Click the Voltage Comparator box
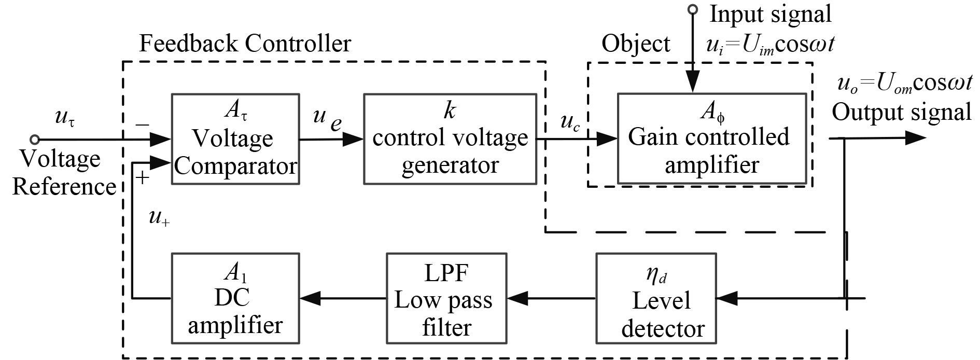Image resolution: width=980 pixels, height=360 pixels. pos(235,139)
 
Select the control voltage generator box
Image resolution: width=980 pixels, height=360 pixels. pos(450,139)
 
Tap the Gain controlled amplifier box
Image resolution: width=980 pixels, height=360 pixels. pos(711,139)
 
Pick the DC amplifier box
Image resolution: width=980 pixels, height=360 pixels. pos(235,298)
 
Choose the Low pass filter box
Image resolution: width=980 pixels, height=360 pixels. pos(446,298)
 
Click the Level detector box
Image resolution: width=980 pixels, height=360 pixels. pos(656,298)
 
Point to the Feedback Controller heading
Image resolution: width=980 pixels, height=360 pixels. pos(245,44)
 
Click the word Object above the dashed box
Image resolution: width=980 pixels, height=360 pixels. pos(636,44)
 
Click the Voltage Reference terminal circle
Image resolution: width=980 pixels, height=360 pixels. pos(35,139)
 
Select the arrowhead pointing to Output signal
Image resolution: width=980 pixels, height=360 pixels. pos(915,138)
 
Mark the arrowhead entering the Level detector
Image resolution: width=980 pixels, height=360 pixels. pos(726,298)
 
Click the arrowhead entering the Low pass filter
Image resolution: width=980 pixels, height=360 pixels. pos(517,298)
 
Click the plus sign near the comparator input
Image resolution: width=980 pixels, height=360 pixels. pos(142,178)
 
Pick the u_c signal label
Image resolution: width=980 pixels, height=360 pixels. pos(570,122)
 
